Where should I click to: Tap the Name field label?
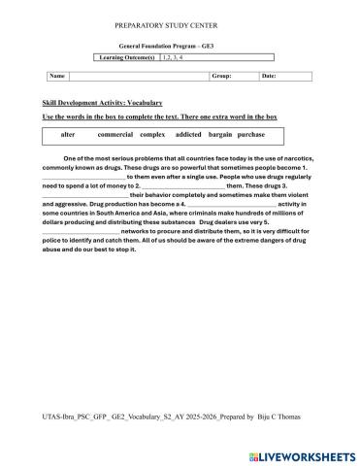coord(57,75)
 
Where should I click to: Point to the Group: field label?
coord(221,75)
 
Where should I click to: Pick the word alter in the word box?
coord(68,134)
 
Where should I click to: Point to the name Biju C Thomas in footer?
coord(278,416)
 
